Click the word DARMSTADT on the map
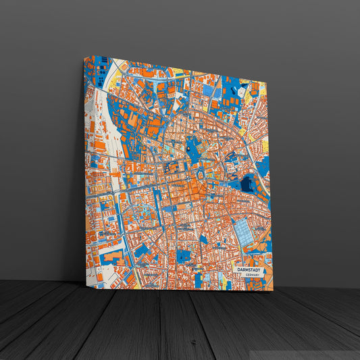(x=250, y=269)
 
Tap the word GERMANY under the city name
(x=251, y=275)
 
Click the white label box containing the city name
(x=251, y=272)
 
